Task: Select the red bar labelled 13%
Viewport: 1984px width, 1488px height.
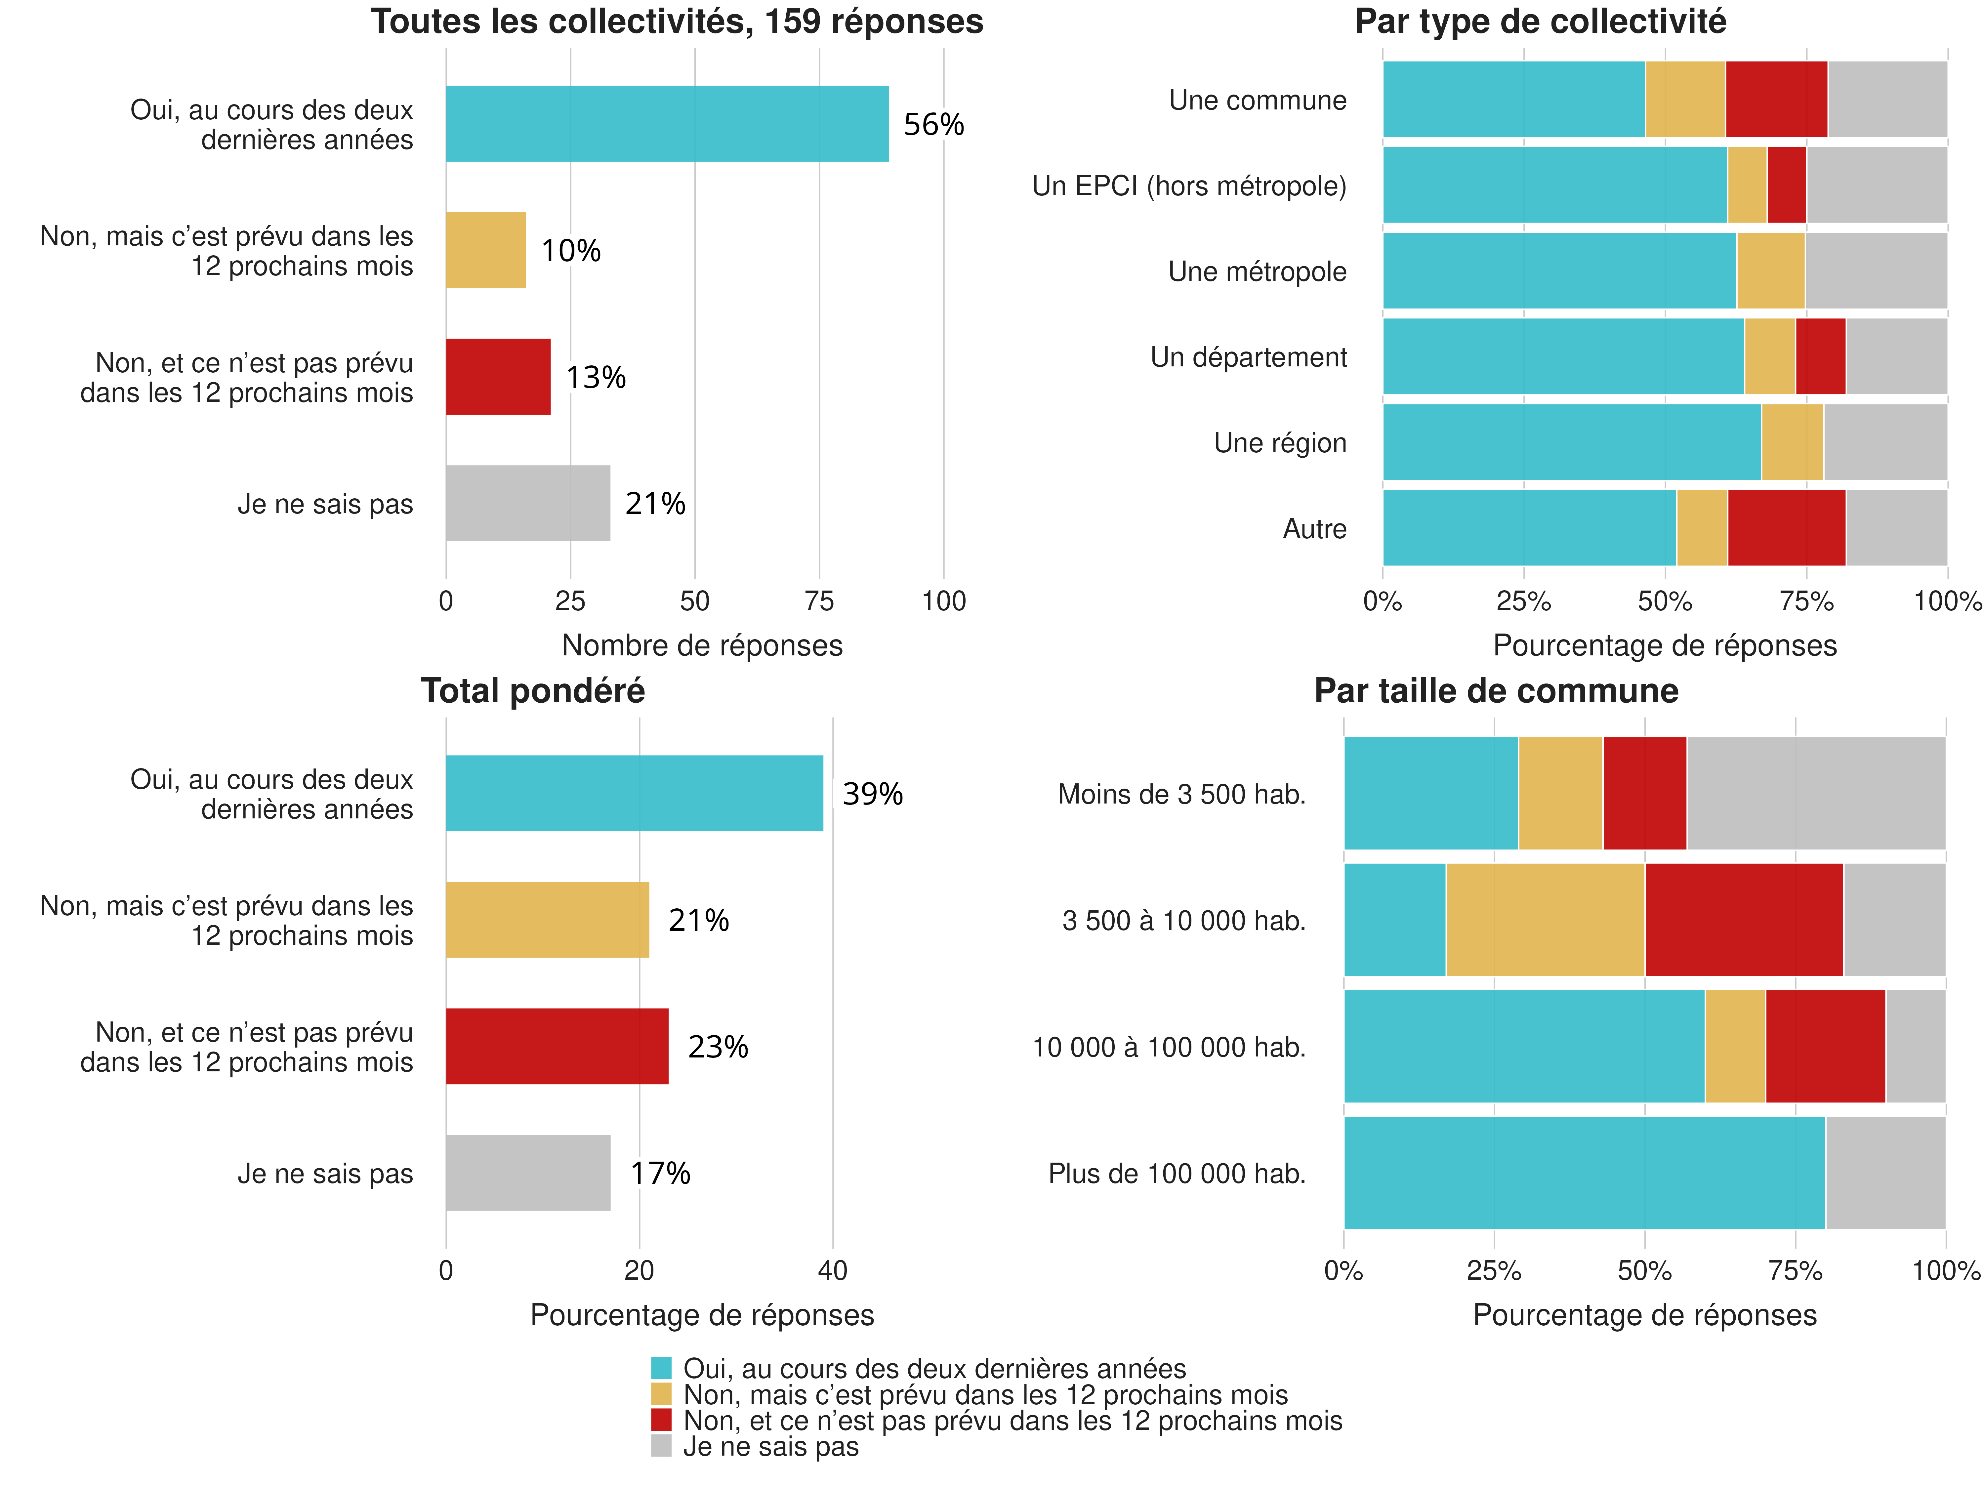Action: click(498, 377)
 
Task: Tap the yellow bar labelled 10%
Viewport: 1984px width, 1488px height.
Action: click(485, 250)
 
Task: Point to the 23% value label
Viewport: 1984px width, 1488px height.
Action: click(718, 1047)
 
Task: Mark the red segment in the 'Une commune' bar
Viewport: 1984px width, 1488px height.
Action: click(1776, 100)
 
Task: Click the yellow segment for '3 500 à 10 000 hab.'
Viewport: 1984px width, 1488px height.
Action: click(1545, 919)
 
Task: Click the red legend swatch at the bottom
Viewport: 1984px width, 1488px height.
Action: click(661, 1420)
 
